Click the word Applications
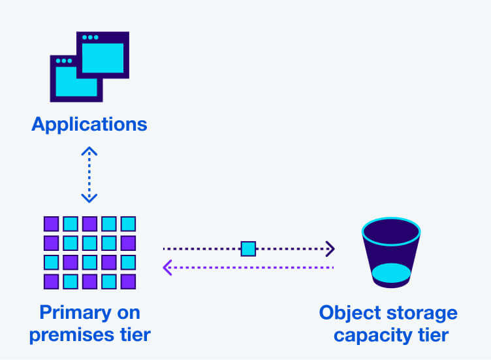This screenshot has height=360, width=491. [x=89, y=124]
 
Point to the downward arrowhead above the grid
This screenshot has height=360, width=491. [x=89, y=198]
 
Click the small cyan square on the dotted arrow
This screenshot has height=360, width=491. [x=248, y=248]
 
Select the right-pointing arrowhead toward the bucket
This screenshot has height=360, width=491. [x=330, y=248]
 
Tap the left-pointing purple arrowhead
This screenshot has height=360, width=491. [x=167, y=267]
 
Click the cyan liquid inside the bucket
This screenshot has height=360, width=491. [x=390, y=272]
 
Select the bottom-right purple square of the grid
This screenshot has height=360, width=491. [x=128, y=282]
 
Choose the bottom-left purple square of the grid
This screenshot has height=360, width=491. [x=51, y=282]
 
